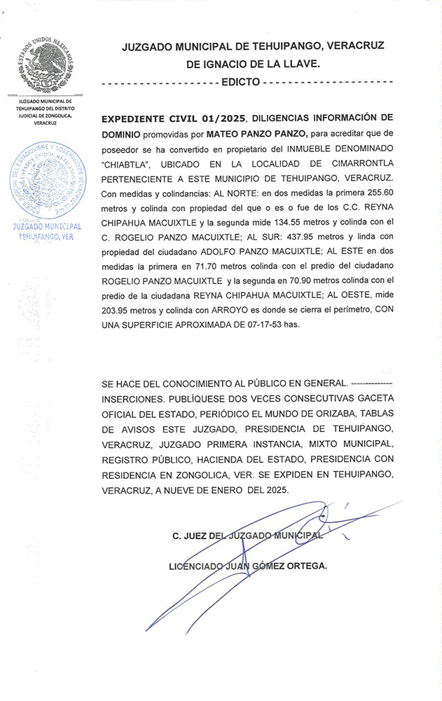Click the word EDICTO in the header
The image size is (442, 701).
pyautogui.click(x=240, y=82)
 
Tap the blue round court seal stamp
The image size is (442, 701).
pyautogui.click(x=46, y=179)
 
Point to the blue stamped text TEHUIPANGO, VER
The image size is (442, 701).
pyautogui.click(x=46, y=237)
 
